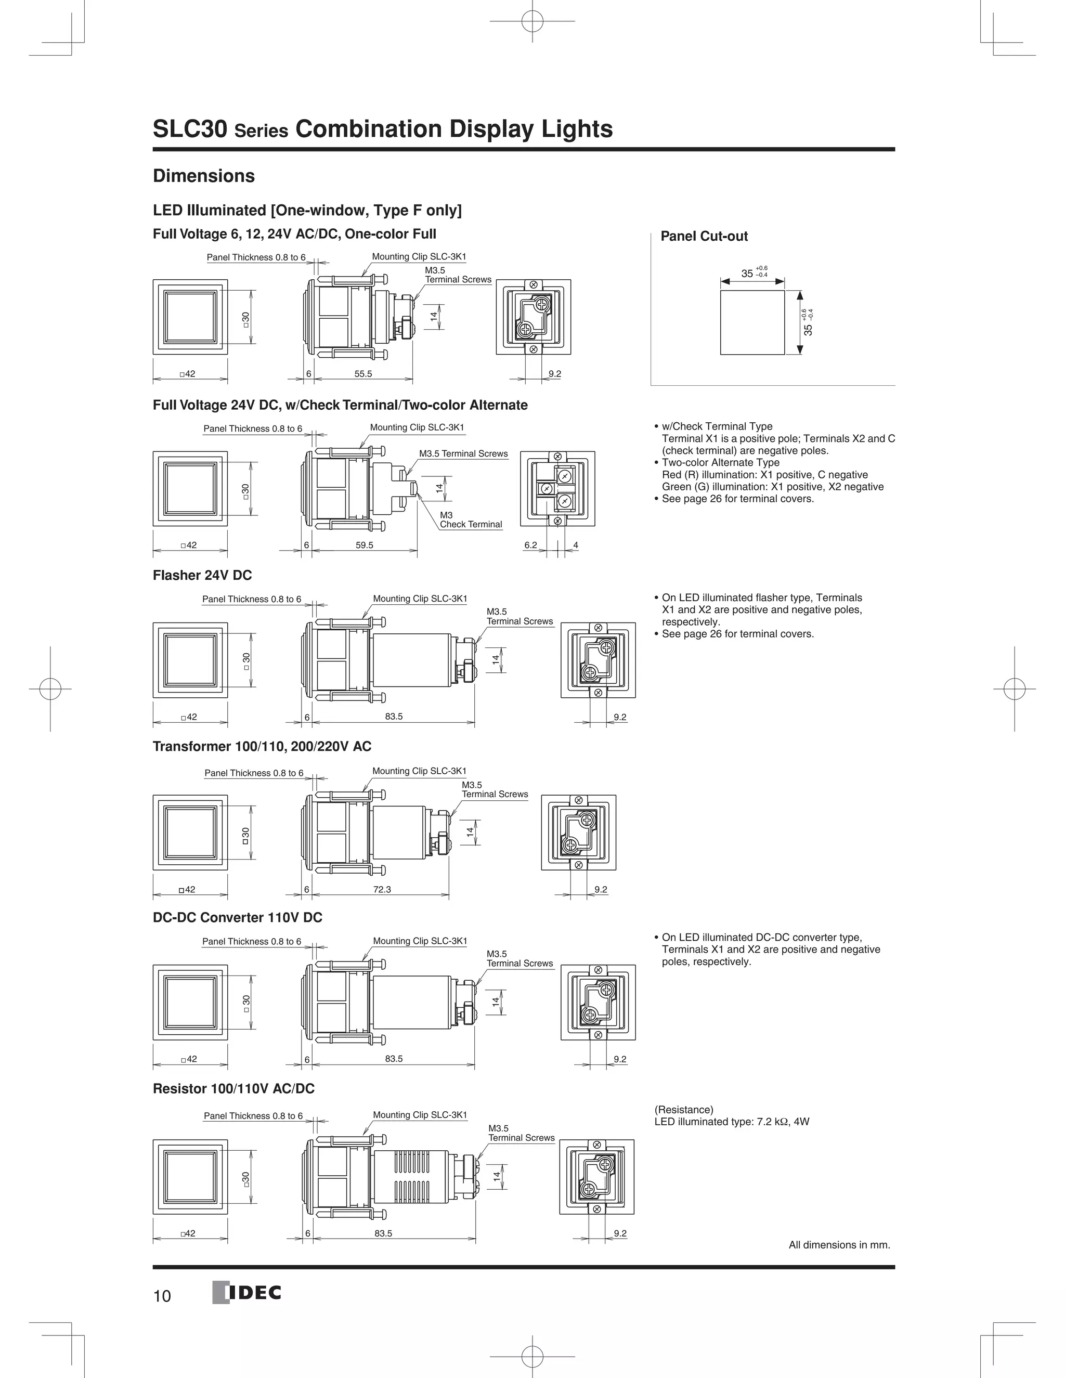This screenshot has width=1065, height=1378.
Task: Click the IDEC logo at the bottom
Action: pos(246,1293)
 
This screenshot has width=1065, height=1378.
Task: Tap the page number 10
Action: pos(162,1296)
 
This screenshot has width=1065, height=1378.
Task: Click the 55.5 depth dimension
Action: pos(363,373)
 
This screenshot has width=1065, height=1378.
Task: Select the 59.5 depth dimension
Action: pos(364,545)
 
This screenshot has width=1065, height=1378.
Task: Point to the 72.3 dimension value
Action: pos(382,889)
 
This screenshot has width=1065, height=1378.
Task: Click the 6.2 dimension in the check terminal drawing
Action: pos(530,545)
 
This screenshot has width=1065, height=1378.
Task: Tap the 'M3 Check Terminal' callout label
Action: pos(470,519)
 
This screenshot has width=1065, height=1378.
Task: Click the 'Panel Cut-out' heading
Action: pos(704,236)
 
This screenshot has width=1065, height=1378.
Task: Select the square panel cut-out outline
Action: pos(752,322)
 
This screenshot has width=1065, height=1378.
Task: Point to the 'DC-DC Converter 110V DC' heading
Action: pos(237,917)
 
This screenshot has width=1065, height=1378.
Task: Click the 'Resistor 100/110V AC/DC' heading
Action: pos(233,1088)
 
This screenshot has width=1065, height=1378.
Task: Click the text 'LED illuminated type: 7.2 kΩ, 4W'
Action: pos(731,1121)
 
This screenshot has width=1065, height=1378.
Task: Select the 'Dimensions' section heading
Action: pos(204,176)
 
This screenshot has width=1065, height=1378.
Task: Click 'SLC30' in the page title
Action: pos(189,129)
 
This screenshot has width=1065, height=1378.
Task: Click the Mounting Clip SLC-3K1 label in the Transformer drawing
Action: pos(419,771)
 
